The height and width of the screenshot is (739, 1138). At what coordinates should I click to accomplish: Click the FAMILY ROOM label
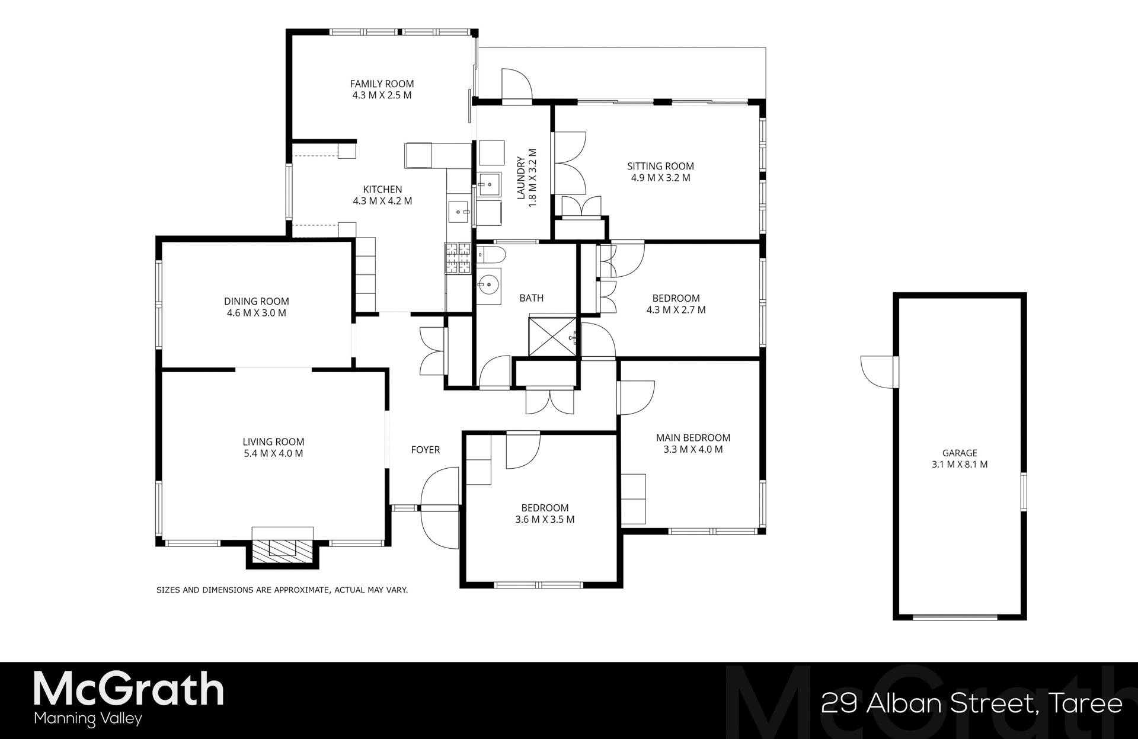click(382, 84)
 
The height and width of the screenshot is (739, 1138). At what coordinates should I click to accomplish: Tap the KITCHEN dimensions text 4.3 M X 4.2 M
click(382, 201)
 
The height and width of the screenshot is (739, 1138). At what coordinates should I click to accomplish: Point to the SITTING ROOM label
click(660, 166)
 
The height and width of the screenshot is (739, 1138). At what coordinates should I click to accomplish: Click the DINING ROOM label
click(256, 301)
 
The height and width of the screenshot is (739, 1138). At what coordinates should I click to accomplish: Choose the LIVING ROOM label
click(273, 442)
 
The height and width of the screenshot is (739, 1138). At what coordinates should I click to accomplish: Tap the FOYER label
click(426, 450)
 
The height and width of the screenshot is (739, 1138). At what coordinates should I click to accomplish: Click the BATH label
click(531, 298)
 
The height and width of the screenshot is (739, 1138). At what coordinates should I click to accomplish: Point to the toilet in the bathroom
click(491, 255)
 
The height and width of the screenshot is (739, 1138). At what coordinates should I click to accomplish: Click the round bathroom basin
click(490, 286)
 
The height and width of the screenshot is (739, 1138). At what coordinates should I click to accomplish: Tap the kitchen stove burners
click(458, 259)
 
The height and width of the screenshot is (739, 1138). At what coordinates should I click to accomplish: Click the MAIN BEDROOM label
click(693, 437)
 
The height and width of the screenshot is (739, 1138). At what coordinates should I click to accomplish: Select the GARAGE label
click(959, 453)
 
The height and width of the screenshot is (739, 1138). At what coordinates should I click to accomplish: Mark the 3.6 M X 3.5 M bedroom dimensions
click(545, 520)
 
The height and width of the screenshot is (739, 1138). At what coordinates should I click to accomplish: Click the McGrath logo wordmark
click(129, 689)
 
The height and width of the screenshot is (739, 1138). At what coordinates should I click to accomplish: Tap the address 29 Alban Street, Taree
click(971, 703)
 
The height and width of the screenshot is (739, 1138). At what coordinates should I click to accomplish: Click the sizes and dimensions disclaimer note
click(282, 590)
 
